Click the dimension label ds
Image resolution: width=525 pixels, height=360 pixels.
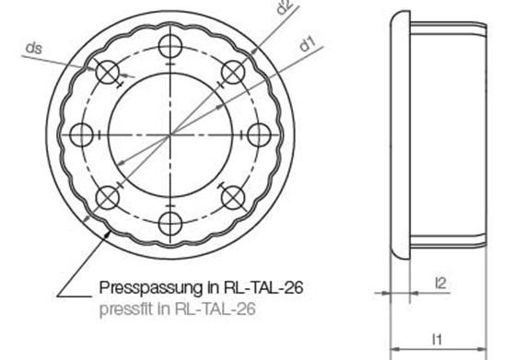pos(34,49)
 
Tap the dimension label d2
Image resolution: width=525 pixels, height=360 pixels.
pos(285,6)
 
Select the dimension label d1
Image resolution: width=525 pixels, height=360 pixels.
pos(307,44)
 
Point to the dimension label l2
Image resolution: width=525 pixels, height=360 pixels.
pos(440,283)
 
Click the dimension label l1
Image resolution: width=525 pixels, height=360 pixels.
pos(437,339)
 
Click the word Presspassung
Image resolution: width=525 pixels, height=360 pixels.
pos(150,288)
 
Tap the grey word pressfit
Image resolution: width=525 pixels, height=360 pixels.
pos(126,308)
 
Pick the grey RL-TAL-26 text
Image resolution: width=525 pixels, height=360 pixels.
pos(216,308)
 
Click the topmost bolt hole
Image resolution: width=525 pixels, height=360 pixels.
pos(170,46)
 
